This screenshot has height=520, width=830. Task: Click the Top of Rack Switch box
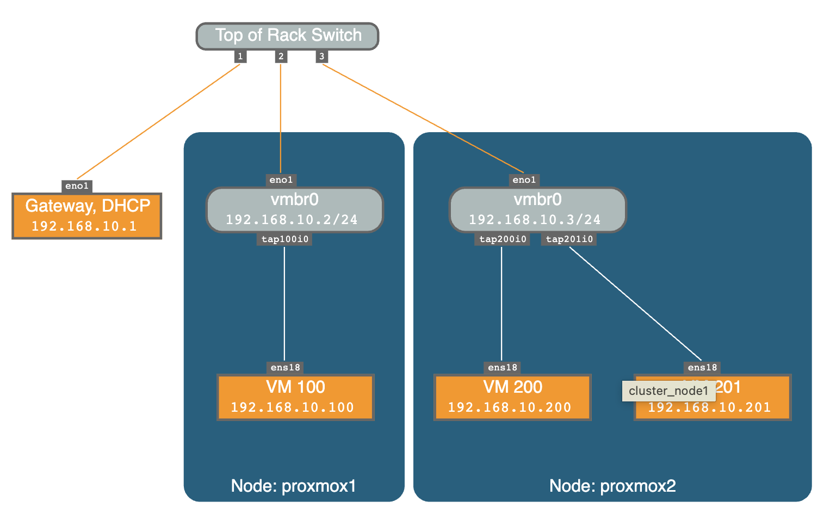click(x=287, y=36)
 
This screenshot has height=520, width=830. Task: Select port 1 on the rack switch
click(x=240, y=56)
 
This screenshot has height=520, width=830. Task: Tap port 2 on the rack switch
click(x=281, y=56)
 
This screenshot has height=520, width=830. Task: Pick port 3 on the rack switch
click(x=321, y=56)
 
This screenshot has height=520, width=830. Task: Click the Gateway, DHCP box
click(x=87, y=215)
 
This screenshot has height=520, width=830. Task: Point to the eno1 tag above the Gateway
click(x=77, y=186)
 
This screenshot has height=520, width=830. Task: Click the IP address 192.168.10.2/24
click(x=292, y=220)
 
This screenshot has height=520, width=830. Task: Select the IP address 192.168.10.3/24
click(x=535, y=220)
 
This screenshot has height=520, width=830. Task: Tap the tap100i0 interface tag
click(x=284, y=239)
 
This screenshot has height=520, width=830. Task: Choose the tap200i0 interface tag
click(x=502, y=239)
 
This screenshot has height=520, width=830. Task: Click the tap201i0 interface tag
click(x=569, y=239)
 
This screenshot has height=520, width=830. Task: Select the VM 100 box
click(x=295, y=397)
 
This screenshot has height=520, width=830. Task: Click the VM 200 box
click(x=512, y=397)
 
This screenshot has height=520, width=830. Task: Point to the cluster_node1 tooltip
click(x=668, y=391)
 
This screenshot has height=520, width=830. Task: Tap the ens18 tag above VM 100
click(x=285, y=368)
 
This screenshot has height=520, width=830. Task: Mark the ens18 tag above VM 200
click(x=502, y=368)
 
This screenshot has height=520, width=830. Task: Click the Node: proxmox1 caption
click(x=294, y=486)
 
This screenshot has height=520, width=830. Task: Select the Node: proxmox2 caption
click(x=612, y=486)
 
